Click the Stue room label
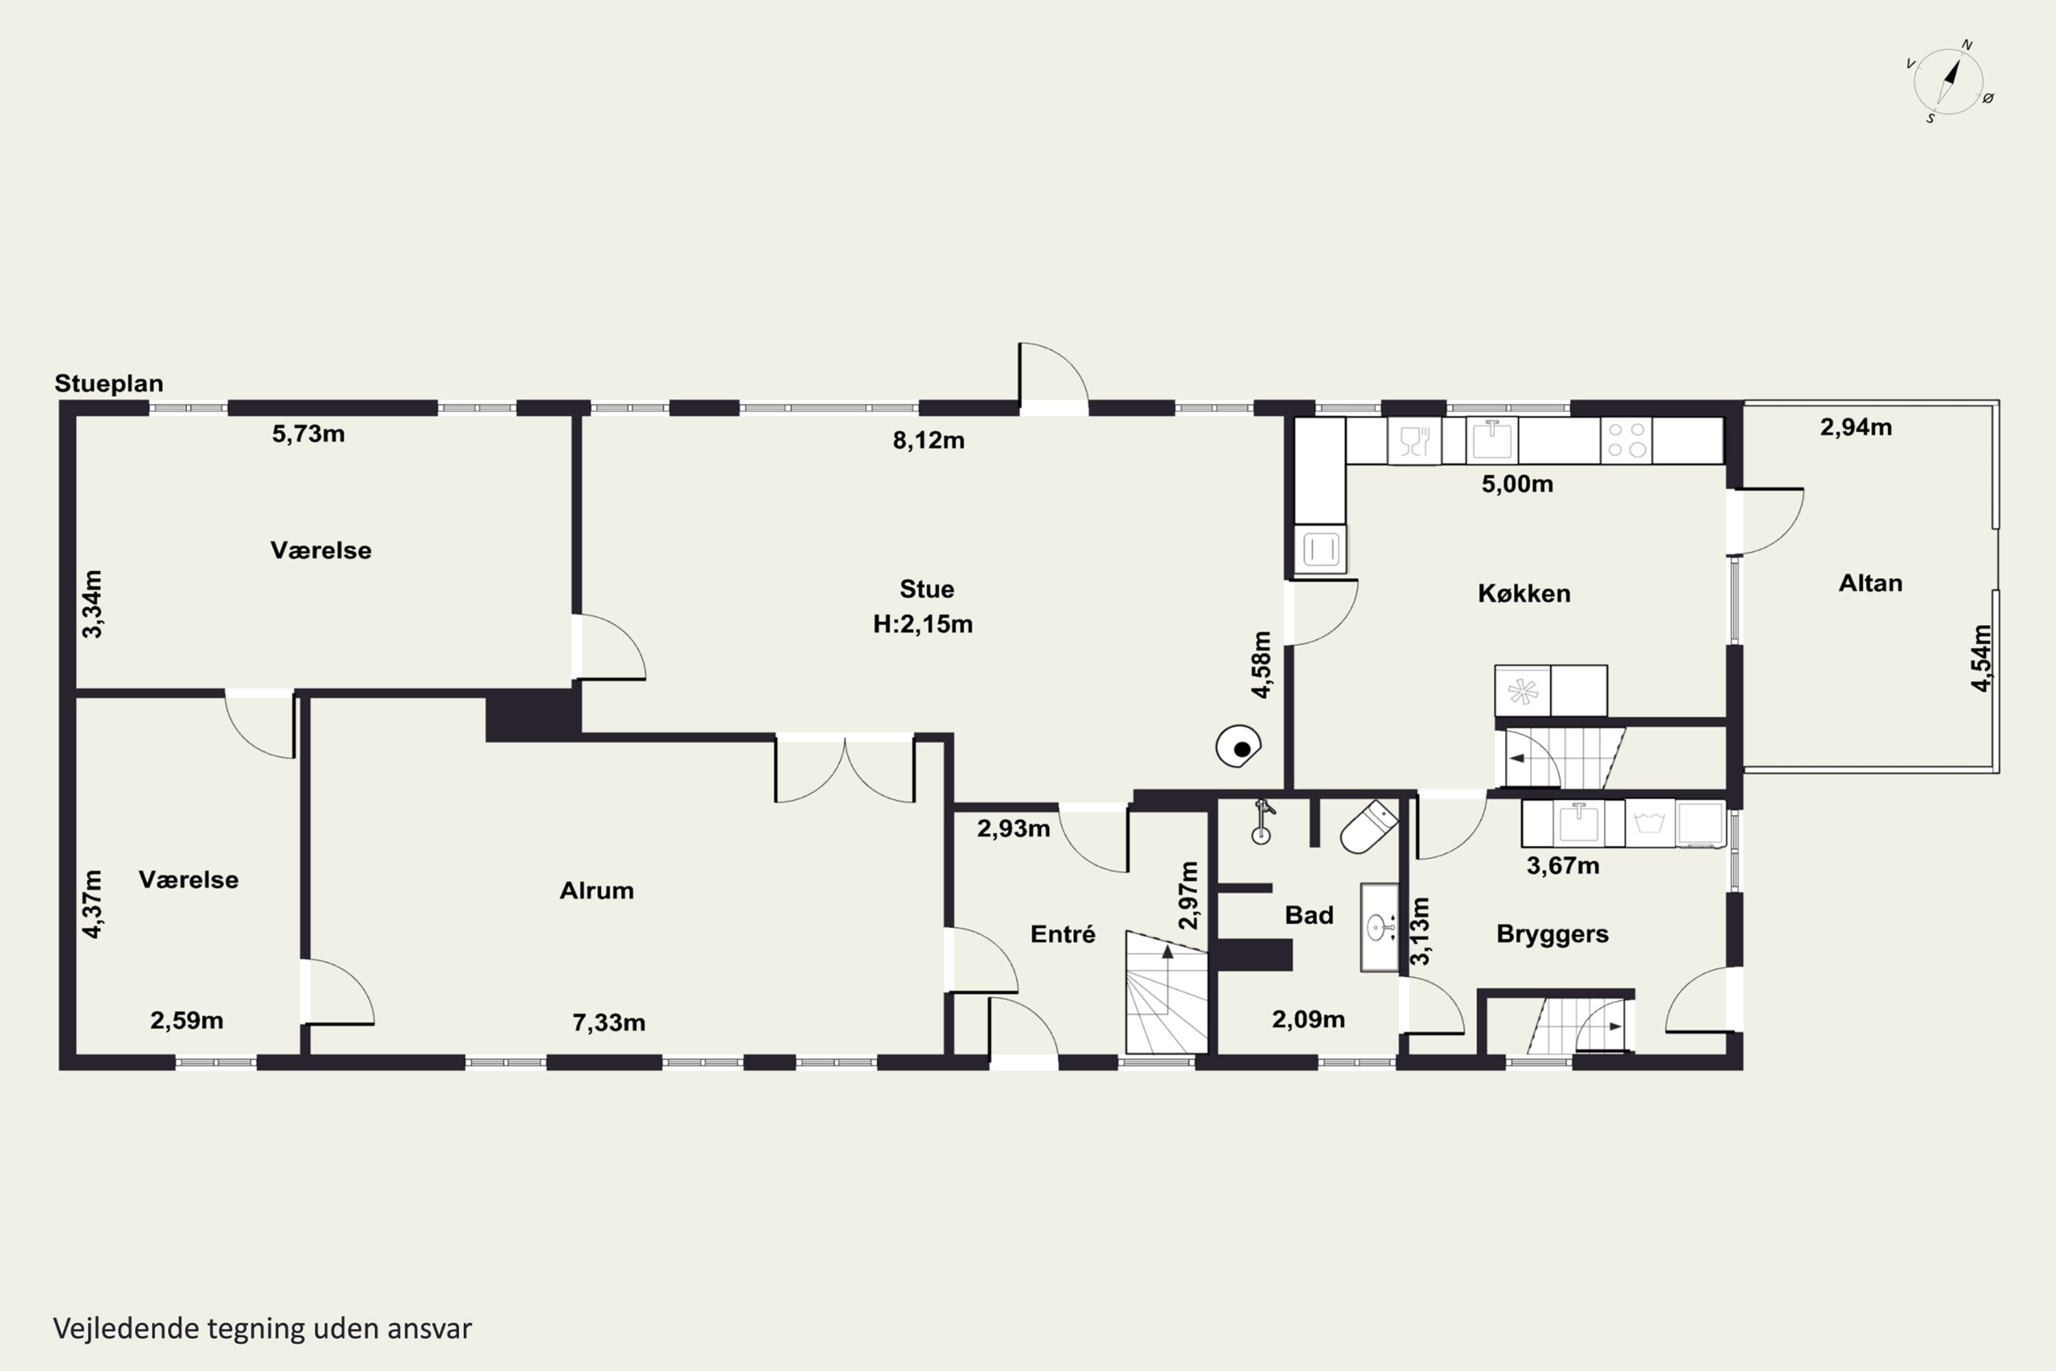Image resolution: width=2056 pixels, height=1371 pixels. [x=927, y=590]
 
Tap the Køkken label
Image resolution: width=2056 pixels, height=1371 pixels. [x=1523, y=594]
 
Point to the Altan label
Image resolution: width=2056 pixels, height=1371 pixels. [x=1870, y=583]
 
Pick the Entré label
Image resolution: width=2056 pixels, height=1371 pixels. [x=1062, y=934]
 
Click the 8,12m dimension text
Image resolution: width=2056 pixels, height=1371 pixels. [x=929, y=441]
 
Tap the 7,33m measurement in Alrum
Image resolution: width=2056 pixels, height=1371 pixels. [x=609, y=1022]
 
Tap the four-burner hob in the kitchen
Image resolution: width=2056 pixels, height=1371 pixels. [x=1626, y=440]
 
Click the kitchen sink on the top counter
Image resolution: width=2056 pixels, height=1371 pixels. [x=1492, y=440]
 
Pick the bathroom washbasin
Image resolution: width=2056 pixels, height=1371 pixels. [x=1378, y=927]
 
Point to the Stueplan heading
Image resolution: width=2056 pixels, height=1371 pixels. [x=108, y=384]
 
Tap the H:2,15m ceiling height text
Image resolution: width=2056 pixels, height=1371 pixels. [x=922, y=624]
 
